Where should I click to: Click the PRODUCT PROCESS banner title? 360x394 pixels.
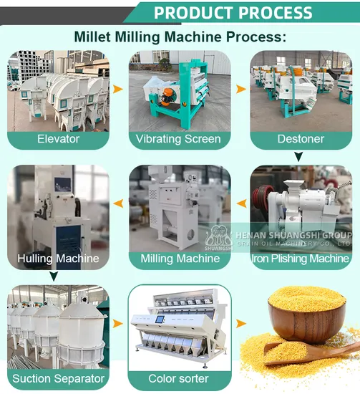point(233,13)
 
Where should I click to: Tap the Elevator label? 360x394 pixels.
point(58,139)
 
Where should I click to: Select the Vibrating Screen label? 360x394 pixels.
point(178,139)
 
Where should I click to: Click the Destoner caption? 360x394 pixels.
point(301,139)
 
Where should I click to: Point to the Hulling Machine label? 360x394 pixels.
point(58,259)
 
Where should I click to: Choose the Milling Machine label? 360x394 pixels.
point(180,259)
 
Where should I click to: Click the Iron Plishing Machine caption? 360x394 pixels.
point(301,259)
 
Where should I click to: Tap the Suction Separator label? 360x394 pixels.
point(58,378)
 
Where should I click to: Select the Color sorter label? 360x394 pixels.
point(178,378)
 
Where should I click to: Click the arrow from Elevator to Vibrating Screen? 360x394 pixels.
point(118,89)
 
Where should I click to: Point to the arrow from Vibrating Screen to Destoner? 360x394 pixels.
point(241,89)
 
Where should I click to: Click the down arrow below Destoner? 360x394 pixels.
point(298,157)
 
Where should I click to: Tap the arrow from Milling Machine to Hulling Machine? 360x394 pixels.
point(118,203)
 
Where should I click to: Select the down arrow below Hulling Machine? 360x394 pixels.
point(54,276)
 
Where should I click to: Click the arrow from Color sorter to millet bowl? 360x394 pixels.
point(241,324)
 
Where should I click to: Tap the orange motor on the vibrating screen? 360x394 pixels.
point(167,97)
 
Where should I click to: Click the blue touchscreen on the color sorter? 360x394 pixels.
point(160,319)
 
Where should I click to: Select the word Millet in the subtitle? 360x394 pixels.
point(92,37)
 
